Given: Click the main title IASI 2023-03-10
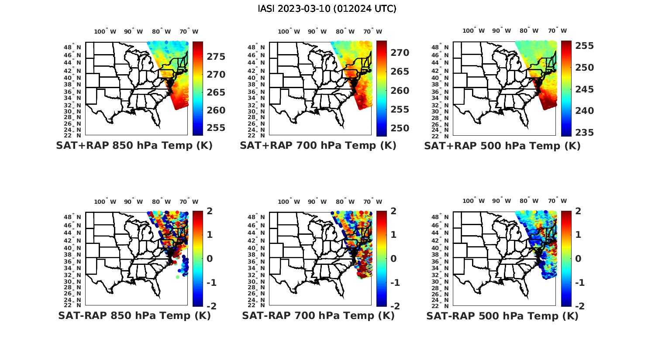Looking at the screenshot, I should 327,9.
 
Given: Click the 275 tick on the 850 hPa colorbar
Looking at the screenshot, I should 216,57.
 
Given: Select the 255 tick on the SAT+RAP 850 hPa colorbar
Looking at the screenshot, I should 216,128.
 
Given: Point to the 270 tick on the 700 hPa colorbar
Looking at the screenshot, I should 400,53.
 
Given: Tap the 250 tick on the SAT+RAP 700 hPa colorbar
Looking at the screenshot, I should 400,128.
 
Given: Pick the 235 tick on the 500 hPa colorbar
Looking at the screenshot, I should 584,133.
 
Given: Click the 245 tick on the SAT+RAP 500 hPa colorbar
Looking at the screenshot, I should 584,89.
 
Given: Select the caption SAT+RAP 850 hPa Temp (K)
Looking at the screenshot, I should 134,146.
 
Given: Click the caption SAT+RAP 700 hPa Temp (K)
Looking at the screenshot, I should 318,146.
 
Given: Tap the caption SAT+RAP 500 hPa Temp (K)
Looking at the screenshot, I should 502,146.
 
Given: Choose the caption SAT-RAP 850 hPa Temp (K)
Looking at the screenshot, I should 134,316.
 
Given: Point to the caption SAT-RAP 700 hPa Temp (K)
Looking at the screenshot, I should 318,316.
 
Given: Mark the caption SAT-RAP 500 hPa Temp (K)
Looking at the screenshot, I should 502,316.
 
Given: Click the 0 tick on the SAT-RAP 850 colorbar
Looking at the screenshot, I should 210,259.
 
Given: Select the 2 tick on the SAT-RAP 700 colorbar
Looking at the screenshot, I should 393,211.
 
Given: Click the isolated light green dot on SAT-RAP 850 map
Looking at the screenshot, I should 178,277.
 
